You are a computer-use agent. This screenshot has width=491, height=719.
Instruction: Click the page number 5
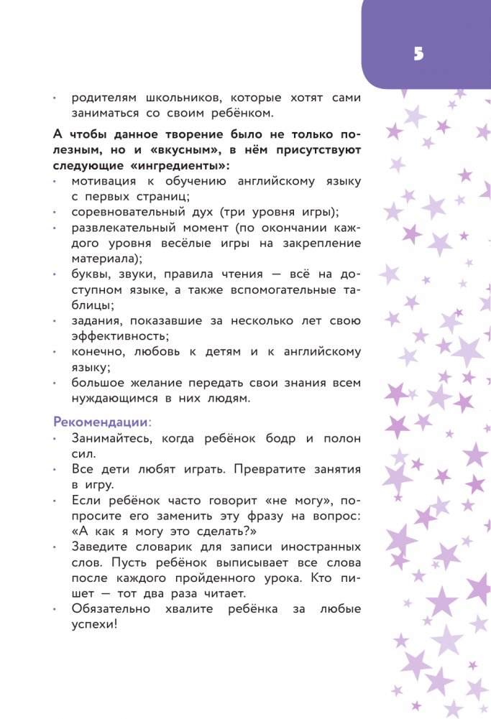tap(419, 54)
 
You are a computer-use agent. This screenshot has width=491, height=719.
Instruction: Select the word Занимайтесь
tap(115, 438)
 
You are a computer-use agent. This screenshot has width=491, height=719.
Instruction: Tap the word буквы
tap(91, 274)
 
